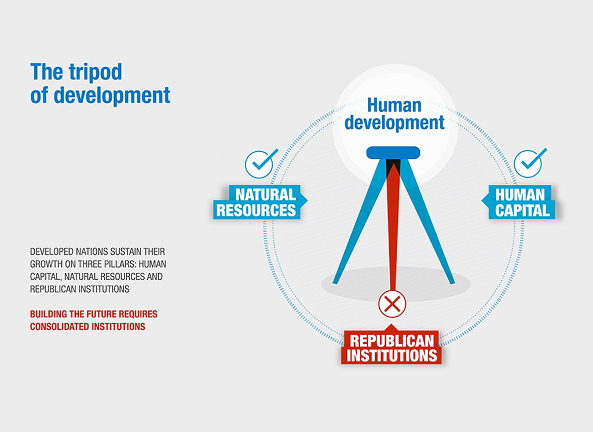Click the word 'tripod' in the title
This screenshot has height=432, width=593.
(96, 72)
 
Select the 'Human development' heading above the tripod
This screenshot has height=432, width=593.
(394, 114)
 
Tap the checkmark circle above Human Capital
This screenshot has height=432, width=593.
(528, 164)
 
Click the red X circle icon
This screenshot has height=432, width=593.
(392, 304)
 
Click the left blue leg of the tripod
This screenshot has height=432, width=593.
(359, 221)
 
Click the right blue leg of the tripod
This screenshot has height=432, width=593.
(427, 221)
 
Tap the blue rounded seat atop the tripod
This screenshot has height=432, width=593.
(393, 152)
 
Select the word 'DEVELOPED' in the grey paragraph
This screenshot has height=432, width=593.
(52, 251)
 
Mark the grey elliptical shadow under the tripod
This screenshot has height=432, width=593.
(396, 284)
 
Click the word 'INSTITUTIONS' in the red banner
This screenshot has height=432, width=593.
(392, 356)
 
